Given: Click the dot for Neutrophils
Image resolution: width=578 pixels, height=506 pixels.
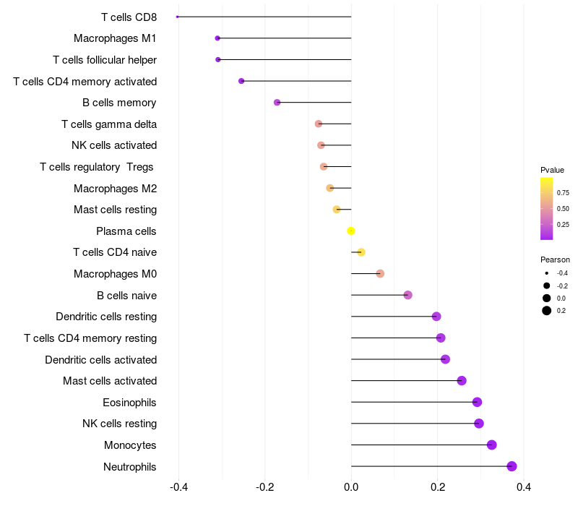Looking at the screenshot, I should click(x=512, y=466).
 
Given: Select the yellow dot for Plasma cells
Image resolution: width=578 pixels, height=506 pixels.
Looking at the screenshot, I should click(x=351, y=231).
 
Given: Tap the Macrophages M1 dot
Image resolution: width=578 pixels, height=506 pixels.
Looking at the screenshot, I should click(x=217, y=38).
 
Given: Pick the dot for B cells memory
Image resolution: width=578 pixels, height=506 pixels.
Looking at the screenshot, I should click(x=277, y=103).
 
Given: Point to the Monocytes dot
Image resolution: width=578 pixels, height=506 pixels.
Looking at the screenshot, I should click(x=492, y=445).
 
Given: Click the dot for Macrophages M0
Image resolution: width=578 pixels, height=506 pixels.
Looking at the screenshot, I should click(x=380, y=273).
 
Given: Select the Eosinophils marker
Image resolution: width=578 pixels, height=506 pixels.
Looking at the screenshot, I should click(x=477, y=402).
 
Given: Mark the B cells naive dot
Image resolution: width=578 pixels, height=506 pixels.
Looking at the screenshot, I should click(x=407, y=295).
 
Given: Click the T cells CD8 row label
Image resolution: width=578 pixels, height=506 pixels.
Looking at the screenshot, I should click(x=129, y=17).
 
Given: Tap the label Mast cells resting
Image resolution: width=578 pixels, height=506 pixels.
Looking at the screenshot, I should click(x=115, y=210).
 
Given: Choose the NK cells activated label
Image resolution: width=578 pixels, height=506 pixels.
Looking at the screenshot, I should click(x=113, y=145).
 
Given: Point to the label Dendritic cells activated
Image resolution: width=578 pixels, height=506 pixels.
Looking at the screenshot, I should click(x=100, y=359).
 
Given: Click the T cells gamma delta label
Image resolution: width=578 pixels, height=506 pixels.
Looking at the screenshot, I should click(x=109, y=124).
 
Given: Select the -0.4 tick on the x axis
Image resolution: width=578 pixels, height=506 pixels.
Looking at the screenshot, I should click(x=179, y=488).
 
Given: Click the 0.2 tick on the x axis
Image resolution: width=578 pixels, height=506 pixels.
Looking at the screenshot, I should click(x=437, y=488).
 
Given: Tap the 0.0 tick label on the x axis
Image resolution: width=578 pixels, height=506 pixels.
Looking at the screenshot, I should click(x=351, y=488).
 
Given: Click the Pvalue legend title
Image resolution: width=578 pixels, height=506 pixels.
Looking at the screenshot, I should click(x=552, y=170).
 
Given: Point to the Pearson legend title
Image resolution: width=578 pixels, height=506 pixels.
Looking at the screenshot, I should click(x=555, y=260).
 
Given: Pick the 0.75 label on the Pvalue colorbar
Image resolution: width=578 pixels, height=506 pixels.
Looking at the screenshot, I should click(x=563, y=193).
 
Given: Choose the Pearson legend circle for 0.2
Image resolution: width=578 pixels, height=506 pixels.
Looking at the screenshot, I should click(x=547, y=311).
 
